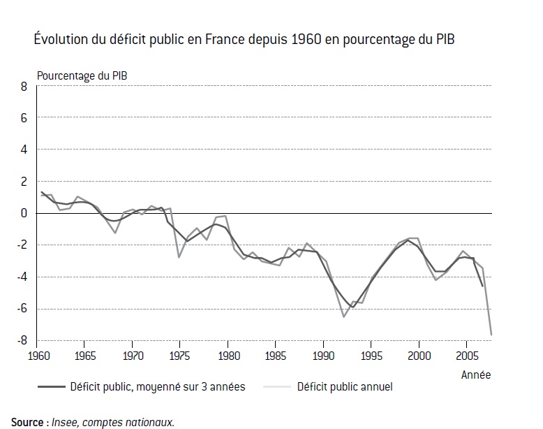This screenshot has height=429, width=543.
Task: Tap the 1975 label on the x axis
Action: pos(179,354)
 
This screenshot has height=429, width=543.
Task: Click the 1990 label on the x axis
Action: pos(322,354)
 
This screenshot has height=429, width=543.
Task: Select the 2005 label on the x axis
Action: pos(466,354)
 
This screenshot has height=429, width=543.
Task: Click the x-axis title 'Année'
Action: pos(475,375)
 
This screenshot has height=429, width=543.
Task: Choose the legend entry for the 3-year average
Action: pos(157,387)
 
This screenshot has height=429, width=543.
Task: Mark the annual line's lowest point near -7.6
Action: pos(491,335)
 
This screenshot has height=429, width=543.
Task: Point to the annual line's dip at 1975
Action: pos(179,257)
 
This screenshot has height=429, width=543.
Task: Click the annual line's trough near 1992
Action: pos(343,317)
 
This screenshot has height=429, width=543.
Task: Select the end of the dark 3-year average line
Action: pos(482,286)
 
